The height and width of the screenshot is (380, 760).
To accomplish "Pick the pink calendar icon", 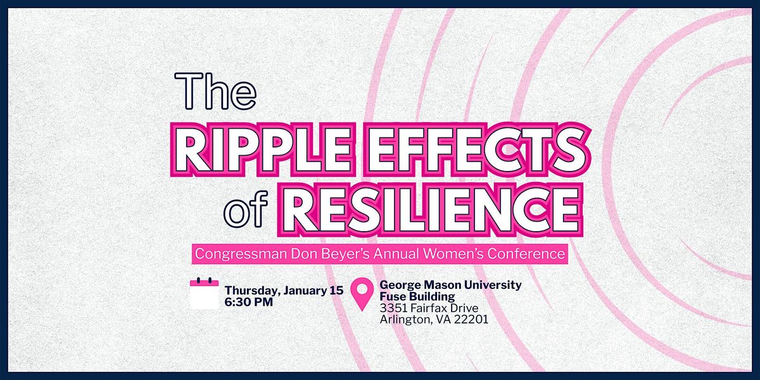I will pos(204,293).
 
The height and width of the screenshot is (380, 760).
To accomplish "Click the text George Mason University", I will pos(450,285).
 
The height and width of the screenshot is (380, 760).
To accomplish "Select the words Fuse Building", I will pos(417,296).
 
